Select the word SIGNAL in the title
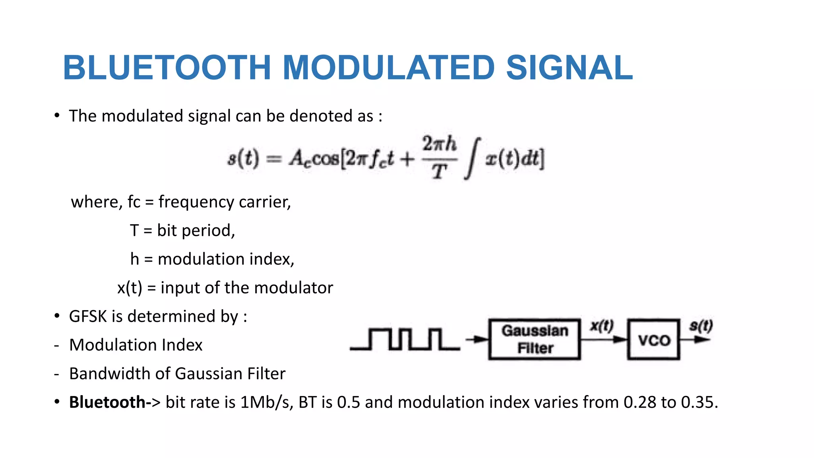tap(569, 68)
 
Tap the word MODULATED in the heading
tap(389, 68)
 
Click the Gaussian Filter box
tap(535, 340)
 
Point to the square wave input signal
tap(405, 340)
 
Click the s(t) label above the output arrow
tap(701, 326)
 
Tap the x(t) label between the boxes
tap(602, 326)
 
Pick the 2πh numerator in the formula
tap(439, 144)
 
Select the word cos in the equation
tap(326, 159)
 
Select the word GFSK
tap(88, 316)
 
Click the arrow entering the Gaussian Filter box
tap(477, 340)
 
